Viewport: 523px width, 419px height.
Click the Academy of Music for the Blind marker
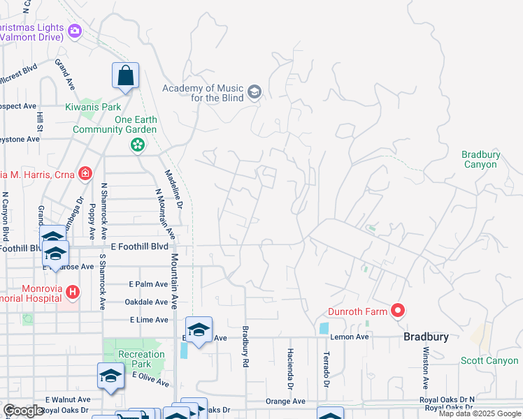tap(255, 91)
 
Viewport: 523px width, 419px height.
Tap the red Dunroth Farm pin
tap(397, 311)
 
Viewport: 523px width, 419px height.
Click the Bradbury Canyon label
tap(480, 159)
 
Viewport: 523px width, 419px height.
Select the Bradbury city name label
tap(426, 337)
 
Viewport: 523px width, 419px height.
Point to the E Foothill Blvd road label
tap(140, 247)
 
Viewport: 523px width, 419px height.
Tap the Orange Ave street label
tap(285, 402)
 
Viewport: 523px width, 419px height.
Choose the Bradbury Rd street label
tap(245, 347)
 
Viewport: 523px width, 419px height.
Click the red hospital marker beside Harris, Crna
tap(85, 172)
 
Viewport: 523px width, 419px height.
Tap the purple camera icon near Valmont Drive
tap(75, 30)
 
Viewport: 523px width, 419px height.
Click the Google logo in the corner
tap(23, 411)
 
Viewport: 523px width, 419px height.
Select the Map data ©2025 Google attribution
tap(480, 413)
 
